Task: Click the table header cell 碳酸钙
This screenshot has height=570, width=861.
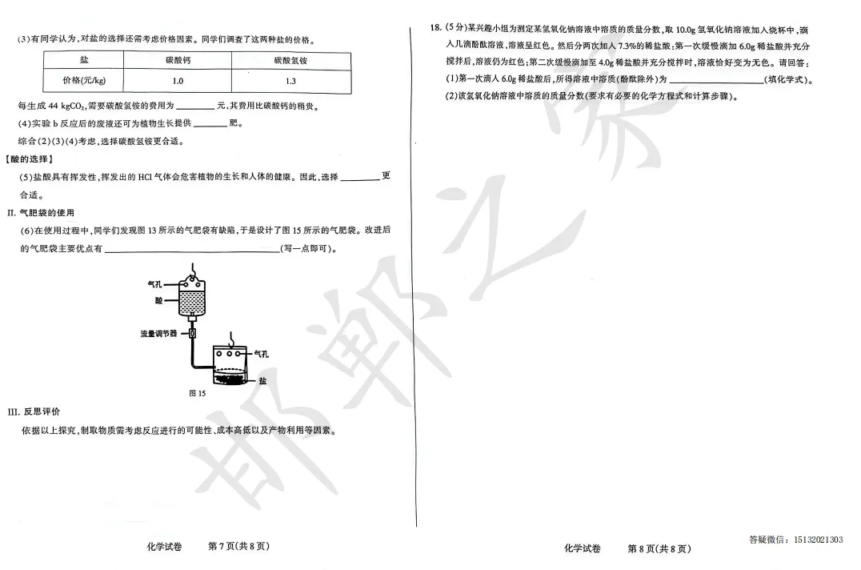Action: click(178, 60)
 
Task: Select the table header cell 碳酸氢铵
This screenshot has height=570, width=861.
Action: click(290, 60)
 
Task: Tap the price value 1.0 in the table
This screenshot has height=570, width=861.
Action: click(178, 81)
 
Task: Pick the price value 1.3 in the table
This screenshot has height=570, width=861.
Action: click(290, 81)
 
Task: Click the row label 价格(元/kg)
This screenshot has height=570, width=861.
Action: click(84, 81)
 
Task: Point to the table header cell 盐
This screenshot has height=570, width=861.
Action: click(84, 60)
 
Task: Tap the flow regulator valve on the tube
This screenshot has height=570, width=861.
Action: click(192, 332)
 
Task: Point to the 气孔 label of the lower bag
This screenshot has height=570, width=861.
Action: click(262, 352)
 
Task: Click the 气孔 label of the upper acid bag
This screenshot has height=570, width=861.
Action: click(155, 284)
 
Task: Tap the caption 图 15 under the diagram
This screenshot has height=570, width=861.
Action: click(197, 393)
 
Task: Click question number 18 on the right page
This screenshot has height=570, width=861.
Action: click(436, 28)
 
